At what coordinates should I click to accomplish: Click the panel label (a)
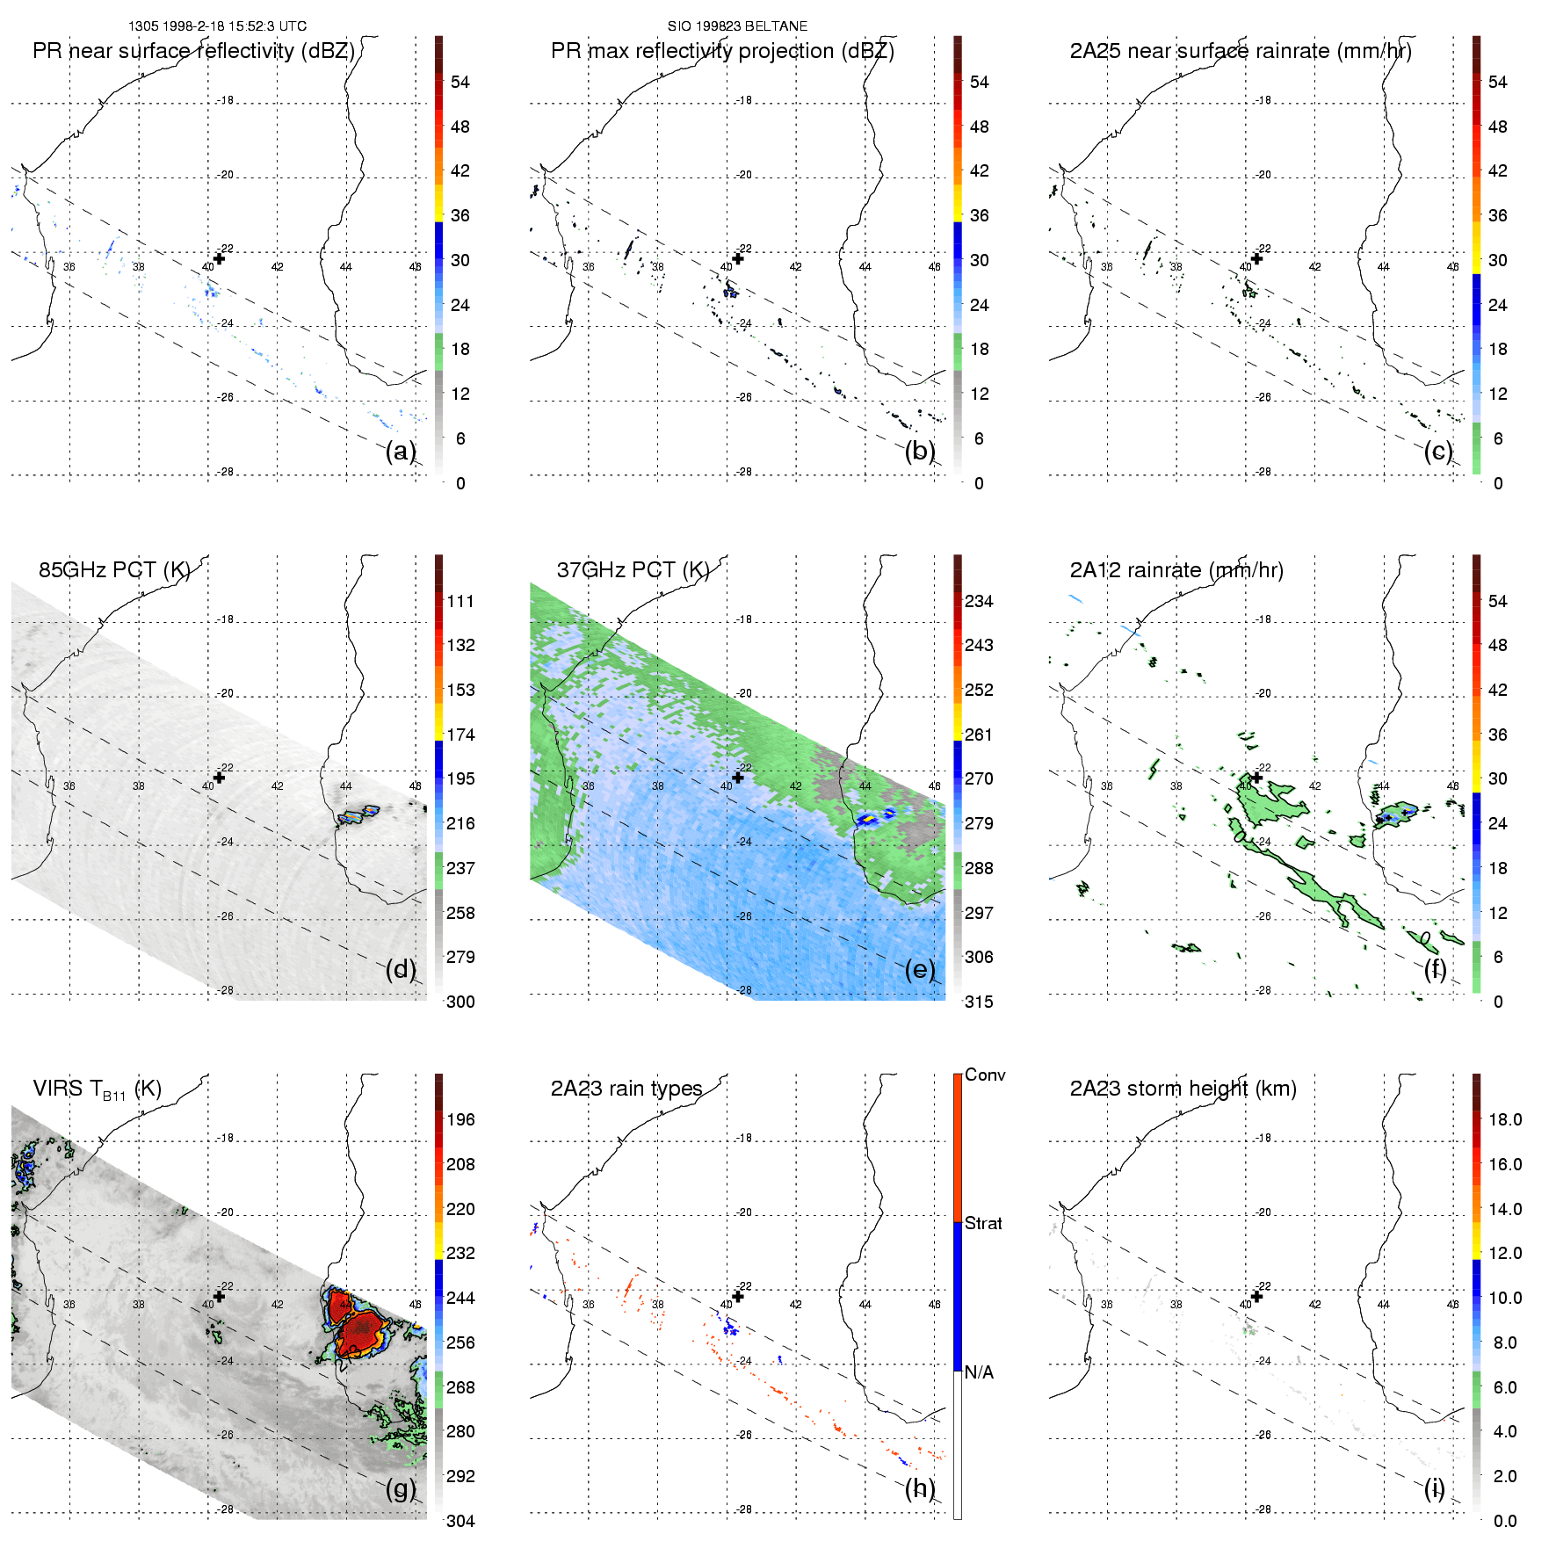point(400,452)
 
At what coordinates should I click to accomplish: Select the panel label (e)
point(919,970)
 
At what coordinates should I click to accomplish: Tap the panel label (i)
point(1434,1488)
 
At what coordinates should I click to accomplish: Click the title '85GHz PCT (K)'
point(114,570)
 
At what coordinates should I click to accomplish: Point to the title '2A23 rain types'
point(626,1089)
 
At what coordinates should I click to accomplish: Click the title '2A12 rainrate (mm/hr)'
point(1176,570)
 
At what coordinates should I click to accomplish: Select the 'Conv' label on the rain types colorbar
point(985,1075)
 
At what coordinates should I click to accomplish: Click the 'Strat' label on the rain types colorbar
point(983,1223)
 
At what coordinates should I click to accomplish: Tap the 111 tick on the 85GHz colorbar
point(460,601)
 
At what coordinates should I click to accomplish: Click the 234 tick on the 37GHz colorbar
point(979,601)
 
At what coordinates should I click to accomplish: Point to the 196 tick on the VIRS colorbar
point(460,1119)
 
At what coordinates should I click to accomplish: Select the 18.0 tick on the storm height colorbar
point(1505,1119)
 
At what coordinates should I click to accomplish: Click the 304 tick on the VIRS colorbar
point(460,1521)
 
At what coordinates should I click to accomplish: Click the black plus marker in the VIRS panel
point(220,1296)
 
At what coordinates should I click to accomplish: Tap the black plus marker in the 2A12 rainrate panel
point(1256,778)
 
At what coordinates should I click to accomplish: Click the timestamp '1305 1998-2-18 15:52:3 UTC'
point(217,26)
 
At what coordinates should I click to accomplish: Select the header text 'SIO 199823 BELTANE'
point(737,26)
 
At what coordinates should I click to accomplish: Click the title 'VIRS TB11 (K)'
point(97,1089)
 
